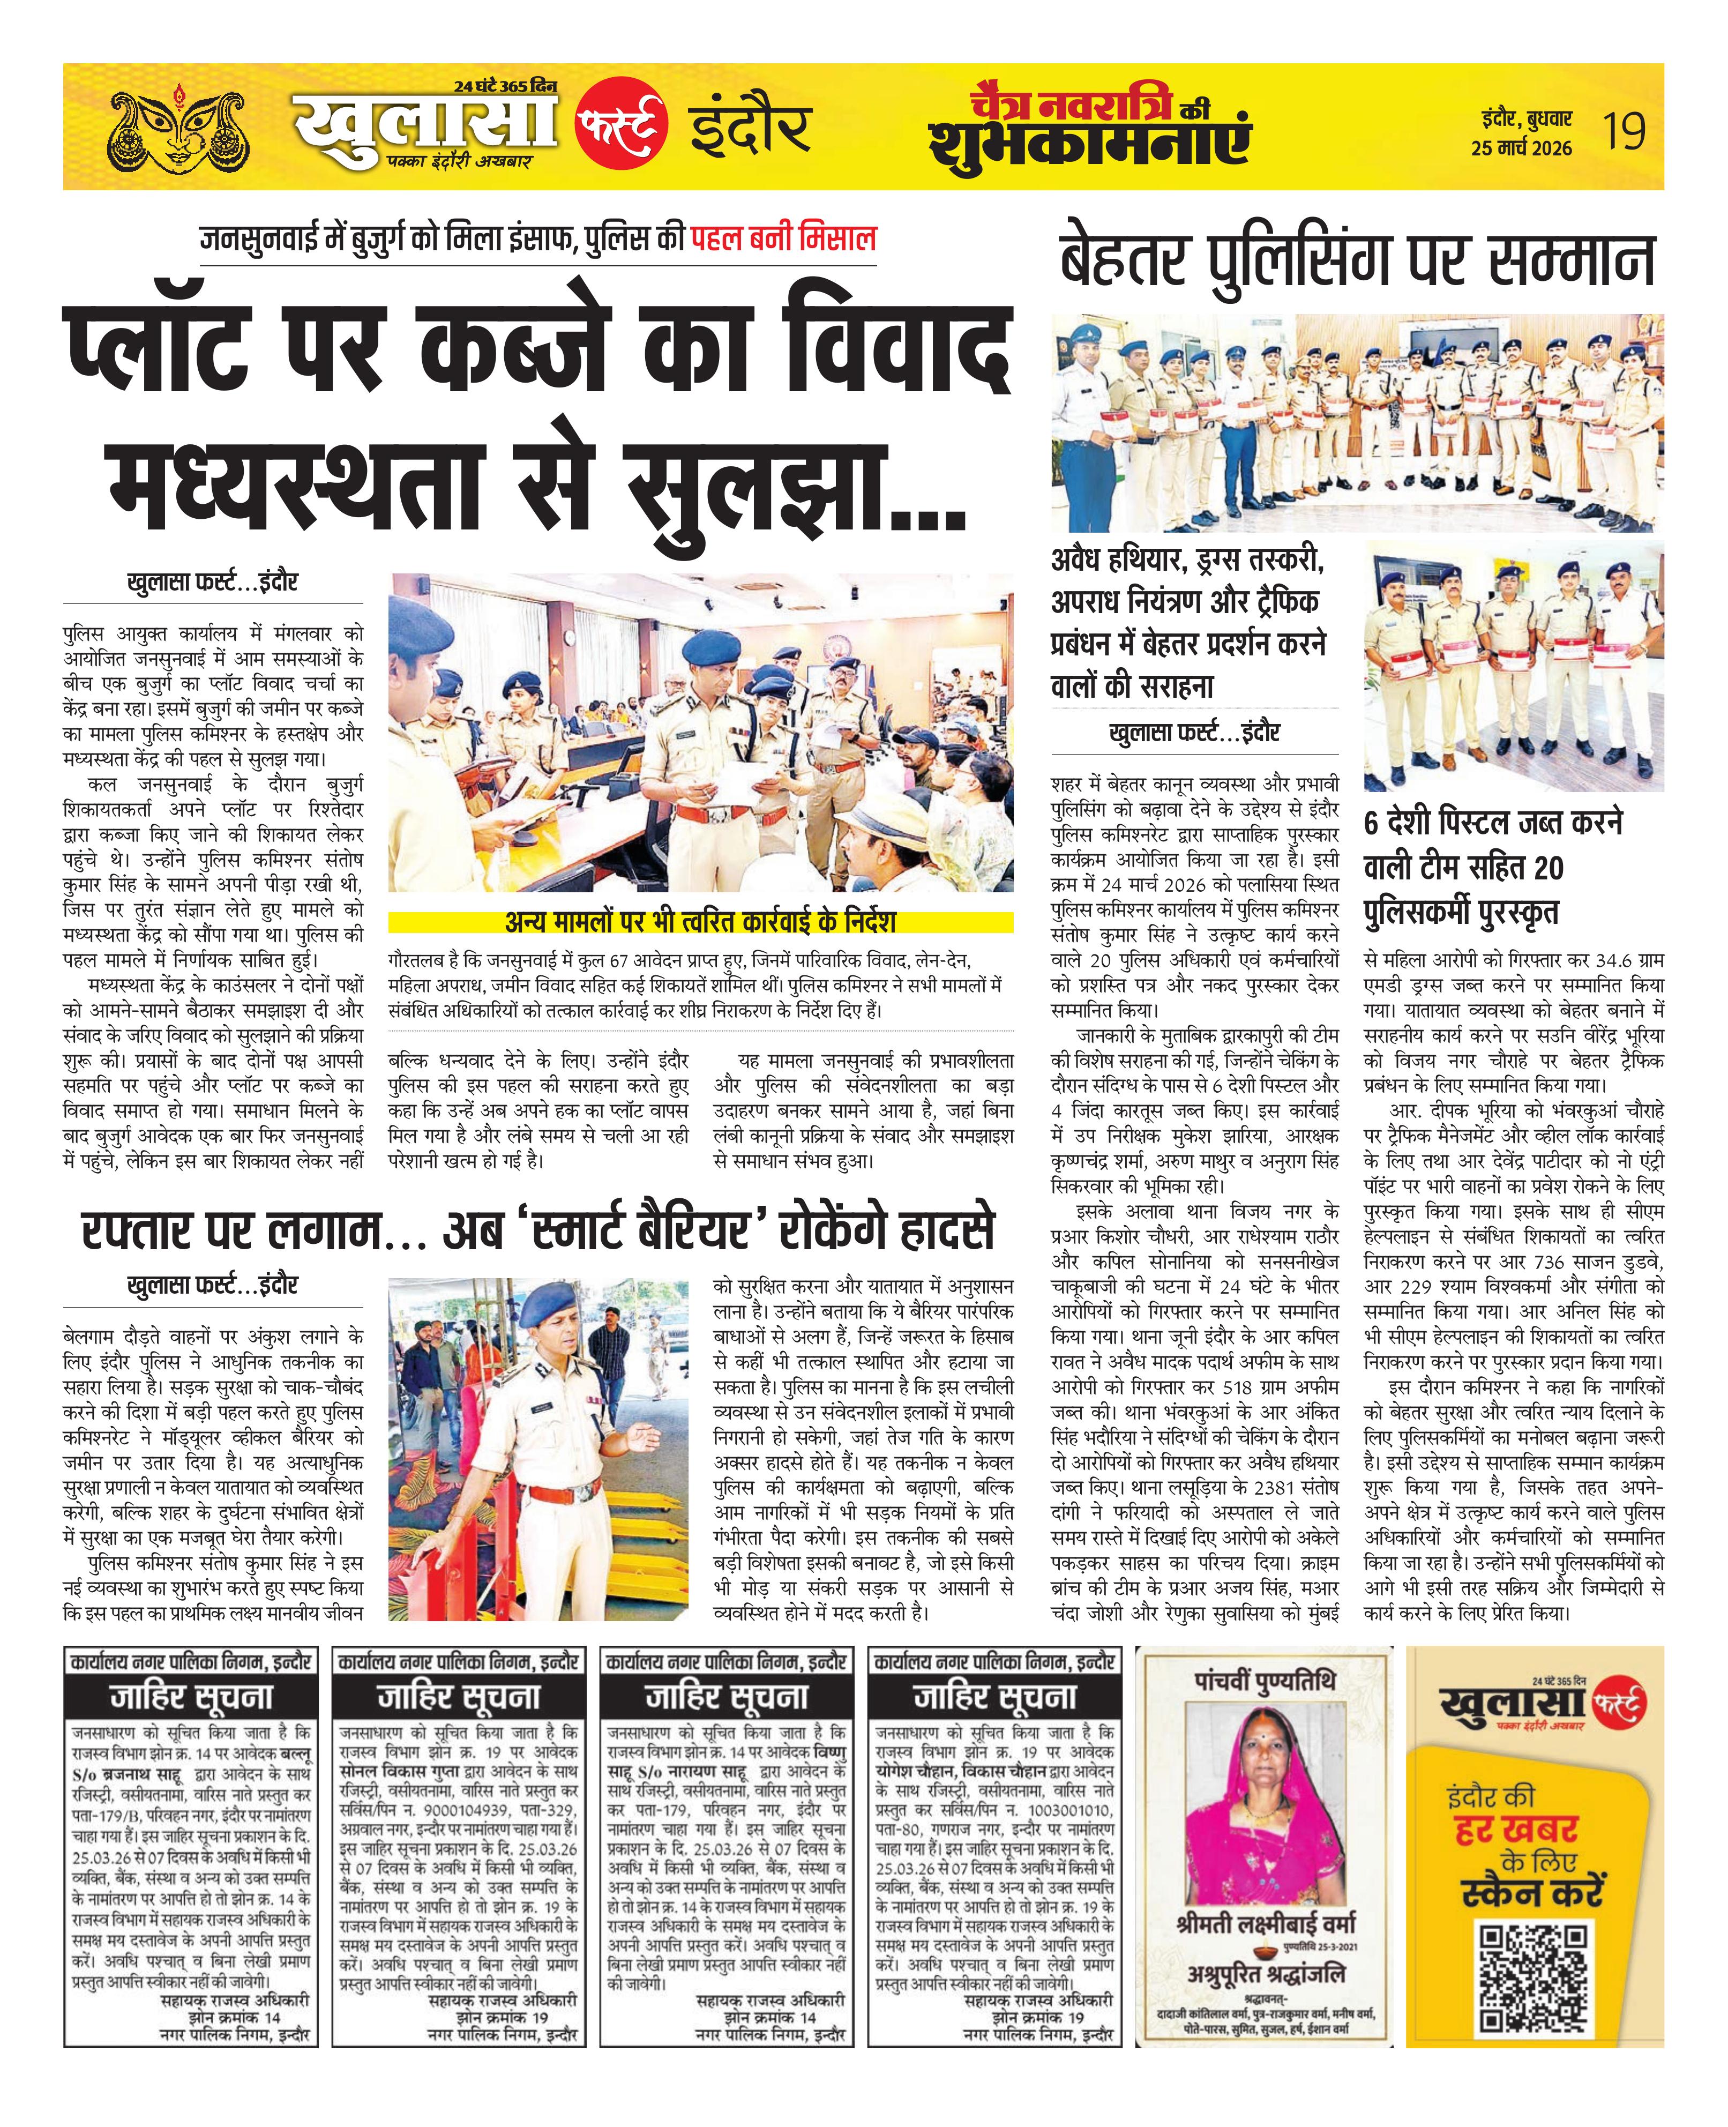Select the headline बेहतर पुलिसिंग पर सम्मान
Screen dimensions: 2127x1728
[1356, 261]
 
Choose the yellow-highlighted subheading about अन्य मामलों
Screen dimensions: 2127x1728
[700, 922]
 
